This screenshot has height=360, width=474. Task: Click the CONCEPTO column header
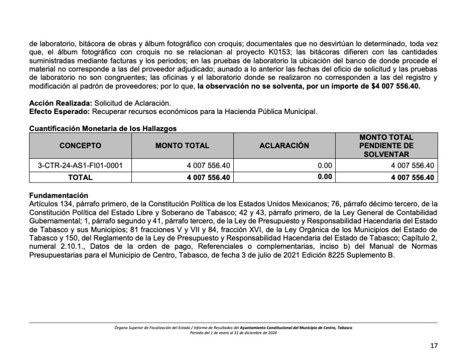click(80, 145)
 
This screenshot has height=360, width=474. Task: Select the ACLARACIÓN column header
click(284, 145)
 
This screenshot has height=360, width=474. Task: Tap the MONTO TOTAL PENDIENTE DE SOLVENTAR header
click(386, 145)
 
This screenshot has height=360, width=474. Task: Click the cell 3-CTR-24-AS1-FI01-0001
click(80, 165)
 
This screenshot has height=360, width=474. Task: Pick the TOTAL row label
click(80, 177)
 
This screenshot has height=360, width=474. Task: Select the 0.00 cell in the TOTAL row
click(324, 177)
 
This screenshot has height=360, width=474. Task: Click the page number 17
click(433, 345)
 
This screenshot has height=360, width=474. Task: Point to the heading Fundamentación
click(58, 196)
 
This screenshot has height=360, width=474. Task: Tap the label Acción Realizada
click(60, 103)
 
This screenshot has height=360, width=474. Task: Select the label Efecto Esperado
click(60, 111)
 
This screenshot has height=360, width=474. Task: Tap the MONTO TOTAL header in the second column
click(182, 145)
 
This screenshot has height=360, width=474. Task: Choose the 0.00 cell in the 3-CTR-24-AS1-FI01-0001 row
click(325, 165)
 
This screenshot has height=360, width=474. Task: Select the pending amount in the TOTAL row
click(412, 177)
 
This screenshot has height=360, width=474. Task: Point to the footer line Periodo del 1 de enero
click(233, 333)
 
